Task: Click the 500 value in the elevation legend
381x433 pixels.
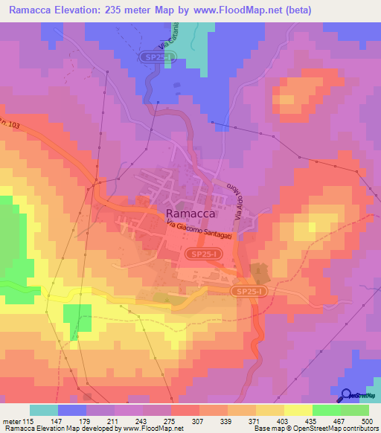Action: coord(362,420)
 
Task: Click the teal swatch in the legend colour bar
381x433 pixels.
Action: coord(44,410)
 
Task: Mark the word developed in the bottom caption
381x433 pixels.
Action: coord(100,429)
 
